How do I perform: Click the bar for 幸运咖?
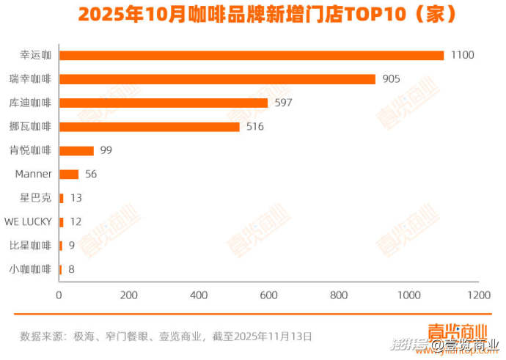tap(251, 56)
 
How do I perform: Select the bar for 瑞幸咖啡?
tap(217, 79)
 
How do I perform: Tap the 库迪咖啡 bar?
tap(163, 103)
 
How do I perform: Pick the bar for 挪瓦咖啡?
tap(149, 127)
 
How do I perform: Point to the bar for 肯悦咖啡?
tap(76, 150)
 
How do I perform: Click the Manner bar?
tap(68, 175)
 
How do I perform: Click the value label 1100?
tap(463, 55)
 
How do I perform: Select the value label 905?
tap(392, 79)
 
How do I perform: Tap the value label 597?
tap(283, 103)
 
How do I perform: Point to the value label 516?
tap(254, 127)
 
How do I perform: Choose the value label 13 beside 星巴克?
tap(76, 198)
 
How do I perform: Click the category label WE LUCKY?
tap(28, 221)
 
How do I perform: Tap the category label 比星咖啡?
tap(31, 246)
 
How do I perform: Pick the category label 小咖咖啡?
tap(31, 269)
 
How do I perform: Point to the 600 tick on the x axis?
tap(269, 295)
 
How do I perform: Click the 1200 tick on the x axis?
tap(479, 295)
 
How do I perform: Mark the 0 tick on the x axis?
tap(59, 295)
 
